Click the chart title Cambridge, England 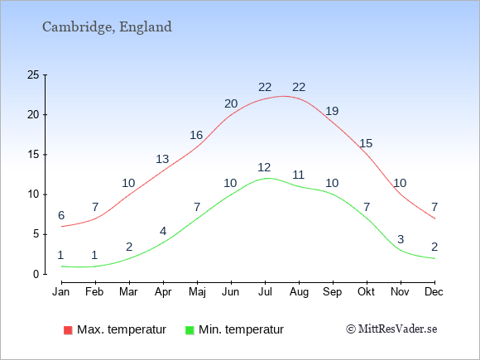click(107, 27)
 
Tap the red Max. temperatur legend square click(68, 330)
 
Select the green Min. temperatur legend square click(190, 330)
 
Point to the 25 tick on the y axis click(33, 74)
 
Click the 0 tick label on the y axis click(36, 274)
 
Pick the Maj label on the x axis click(197, 292)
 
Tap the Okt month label click(366, 292)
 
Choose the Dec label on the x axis click(434, 292)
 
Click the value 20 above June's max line click(231, 103)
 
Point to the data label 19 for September click(332, 111)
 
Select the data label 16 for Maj click(196, 135)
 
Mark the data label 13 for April click(162, 159)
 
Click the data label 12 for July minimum click(264, 167)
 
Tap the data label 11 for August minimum click(298, 175)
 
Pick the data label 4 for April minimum click(163, 231)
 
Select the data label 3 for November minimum click(401, 239)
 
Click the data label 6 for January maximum click(61, 215)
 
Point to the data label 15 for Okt click(366, 143)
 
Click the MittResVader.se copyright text click(391, 329)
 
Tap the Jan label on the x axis click(61, 292)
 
